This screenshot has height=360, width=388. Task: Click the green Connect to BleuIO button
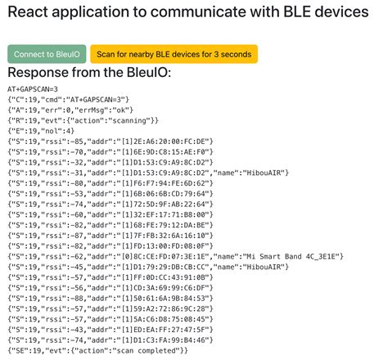46,54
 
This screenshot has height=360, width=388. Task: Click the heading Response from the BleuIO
89,74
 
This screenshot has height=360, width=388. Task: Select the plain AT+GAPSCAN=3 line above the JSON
33,88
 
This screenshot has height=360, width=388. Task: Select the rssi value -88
74,298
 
